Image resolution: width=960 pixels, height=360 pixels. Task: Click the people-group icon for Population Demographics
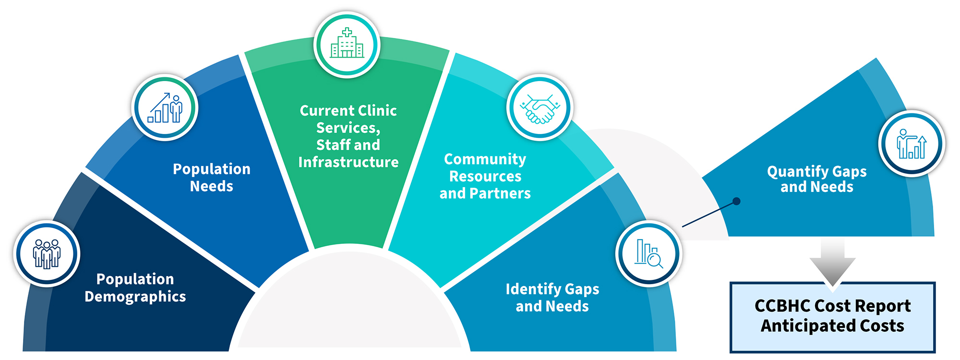click(x=47, y=253)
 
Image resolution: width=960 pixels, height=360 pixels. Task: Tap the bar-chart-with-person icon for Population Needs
click(x=165, y=108)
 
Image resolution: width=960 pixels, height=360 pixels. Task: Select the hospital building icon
click(x=347, y=44)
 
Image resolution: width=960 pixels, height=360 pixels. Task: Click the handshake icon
click(x=540, y=108)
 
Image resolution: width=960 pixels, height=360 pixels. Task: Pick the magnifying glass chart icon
click(x=648, y=253)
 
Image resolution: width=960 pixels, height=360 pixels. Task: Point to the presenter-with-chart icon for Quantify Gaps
click(x=912, y=144)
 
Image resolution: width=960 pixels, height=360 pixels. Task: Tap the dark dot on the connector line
click(x=736, y=202)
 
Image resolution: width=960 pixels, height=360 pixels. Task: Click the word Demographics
click(x=135, y=297)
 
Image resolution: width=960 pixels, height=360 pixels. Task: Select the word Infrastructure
click(x=348, y=162)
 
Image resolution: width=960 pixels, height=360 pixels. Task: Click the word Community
click(x=485, y=159)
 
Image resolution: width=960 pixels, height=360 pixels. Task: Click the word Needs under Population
click(x=211, y=186)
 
